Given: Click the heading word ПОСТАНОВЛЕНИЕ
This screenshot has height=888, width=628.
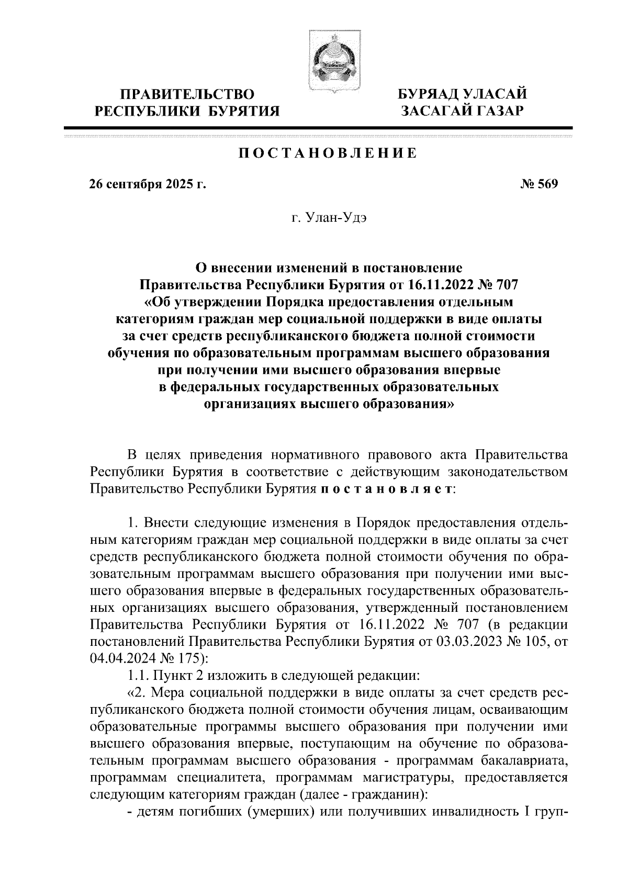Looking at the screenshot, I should pos(328,153).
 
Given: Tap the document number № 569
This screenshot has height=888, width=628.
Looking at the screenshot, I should pos(540,185).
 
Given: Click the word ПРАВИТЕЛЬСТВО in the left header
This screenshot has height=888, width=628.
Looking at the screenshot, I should pos(188,94).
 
